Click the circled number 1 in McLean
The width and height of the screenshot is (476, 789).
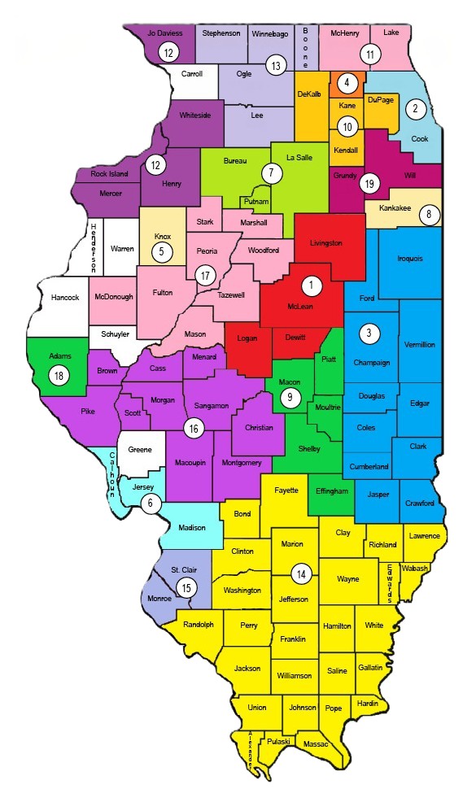point(310,285)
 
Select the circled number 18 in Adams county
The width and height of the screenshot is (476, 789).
point(59,375)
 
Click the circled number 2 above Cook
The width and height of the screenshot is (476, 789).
point(416,108)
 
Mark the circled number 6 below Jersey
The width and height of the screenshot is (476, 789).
point(150,503)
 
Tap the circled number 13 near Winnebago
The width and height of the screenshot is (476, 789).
point(277,66)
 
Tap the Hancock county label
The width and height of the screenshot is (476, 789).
point(66,298)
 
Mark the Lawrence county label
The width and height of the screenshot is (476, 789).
point(424,536)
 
